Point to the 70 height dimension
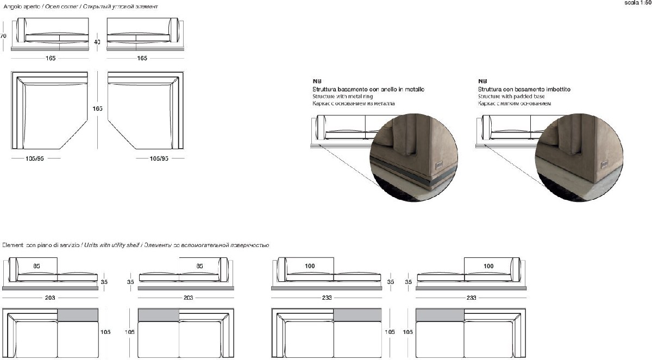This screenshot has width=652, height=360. [3, 36]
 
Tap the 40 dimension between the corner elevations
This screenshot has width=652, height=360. [97, 41]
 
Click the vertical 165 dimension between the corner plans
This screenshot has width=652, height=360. [97, 109]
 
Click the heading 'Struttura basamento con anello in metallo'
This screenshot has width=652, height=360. [368, 89]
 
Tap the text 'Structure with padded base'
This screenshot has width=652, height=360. [511, 96]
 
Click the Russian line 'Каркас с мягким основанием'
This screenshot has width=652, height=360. [514, 103]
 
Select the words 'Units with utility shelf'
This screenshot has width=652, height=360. [111, 245]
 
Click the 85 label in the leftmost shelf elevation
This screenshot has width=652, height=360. [36, 266]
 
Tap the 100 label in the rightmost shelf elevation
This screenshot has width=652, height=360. [488, 266]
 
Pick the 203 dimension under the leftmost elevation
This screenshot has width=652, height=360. [50, 298]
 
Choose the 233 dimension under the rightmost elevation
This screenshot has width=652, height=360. [471, 298]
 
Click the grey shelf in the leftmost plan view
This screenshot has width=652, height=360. [77, 315]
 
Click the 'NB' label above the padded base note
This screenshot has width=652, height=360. [481, 80]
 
